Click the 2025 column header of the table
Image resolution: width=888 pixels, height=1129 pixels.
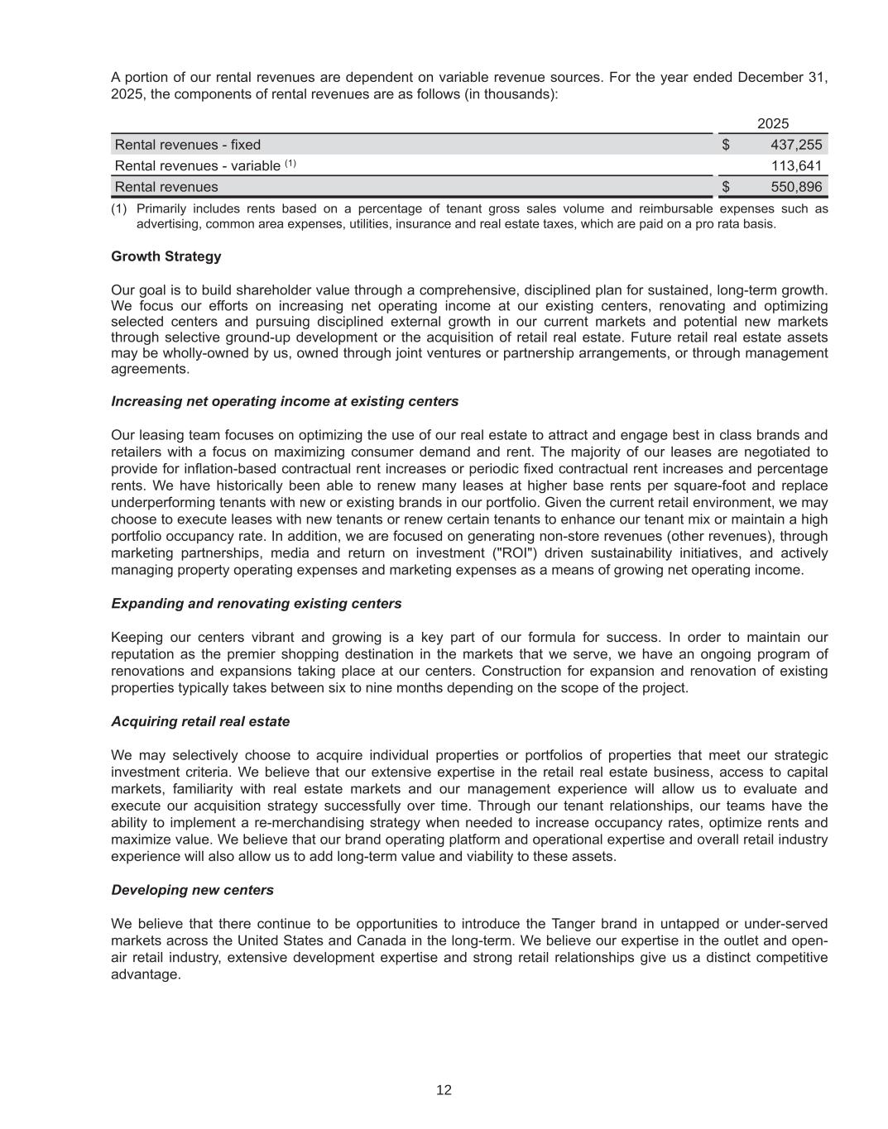coord(773,124)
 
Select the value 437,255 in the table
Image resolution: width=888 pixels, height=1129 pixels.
coord(797,145)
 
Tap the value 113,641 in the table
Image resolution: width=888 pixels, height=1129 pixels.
coord(797,165)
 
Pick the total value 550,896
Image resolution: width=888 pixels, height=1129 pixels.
coord(797,187)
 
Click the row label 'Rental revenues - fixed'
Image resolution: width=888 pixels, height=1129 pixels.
coord(188,145)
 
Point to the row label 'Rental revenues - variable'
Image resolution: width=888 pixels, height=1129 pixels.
coord(198,165)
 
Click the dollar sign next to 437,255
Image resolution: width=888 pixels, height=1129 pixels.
coord(726,145)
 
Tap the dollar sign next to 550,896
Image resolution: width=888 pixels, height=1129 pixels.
coord(726,187)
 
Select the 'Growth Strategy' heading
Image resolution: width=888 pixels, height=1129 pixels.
coord(166,256)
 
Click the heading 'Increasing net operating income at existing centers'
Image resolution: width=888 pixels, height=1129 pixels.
coord(285,401)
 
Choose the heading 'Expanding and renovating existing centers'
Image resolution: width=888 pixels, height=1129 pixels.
coord(257,604)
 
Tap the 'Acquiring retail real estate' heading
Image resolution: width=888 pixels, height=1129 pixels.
coord(200,721)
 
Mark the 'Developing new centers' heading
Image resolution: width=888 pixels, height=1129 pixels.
coord(192,890)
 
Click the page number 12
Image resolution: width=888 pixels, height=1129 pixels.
coord(444,1090)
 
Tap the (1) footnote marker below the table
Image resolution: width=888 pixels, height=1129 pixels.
coord(119,209)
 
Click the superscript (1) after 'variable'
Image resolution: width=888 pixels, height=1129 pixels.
coord(290,163)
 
